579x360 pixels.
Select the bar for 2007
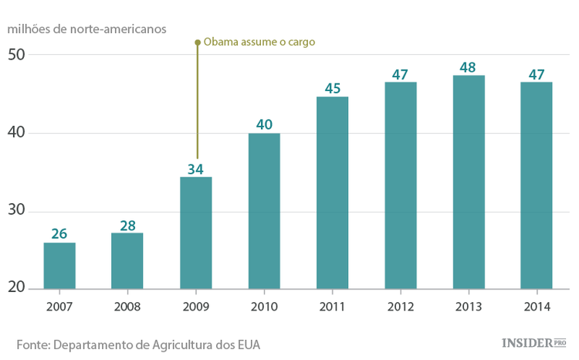(x=59, y=267)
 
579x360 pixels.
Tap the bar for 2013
(x=468, y=183)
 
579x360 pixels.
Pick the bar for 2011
(x=332, y=194)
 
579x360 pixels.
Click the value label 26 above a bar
(x=59, y=233)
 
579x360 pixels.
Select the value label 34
(x=195, y=168)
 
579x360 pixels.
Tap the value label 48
(x=468, y=66)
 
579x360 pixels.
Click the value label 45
(x=332, y=88)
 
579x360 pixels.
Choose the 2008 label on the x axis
(x=127, y=307)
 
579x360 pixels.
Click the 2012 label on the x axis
(x=400, y=307)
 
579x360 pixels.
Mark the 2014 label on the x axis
(x=536, y=307)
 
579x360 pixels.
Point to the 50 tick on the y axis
(x=17, y=55)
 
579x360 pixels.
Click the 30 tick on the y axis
(x=17, y=211)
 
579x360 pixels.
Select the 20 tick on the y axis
(x=17, y=288)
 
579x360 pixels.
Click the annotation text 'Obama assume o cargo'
(x=259, y=42)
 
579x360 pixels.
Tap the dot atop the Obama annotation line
(x=197, y=42)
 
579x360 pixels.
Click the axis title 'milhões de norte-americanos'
(x=86, y=28)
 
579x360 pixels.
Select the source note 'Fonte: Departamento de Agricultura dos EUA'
(x=138, y=344)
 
